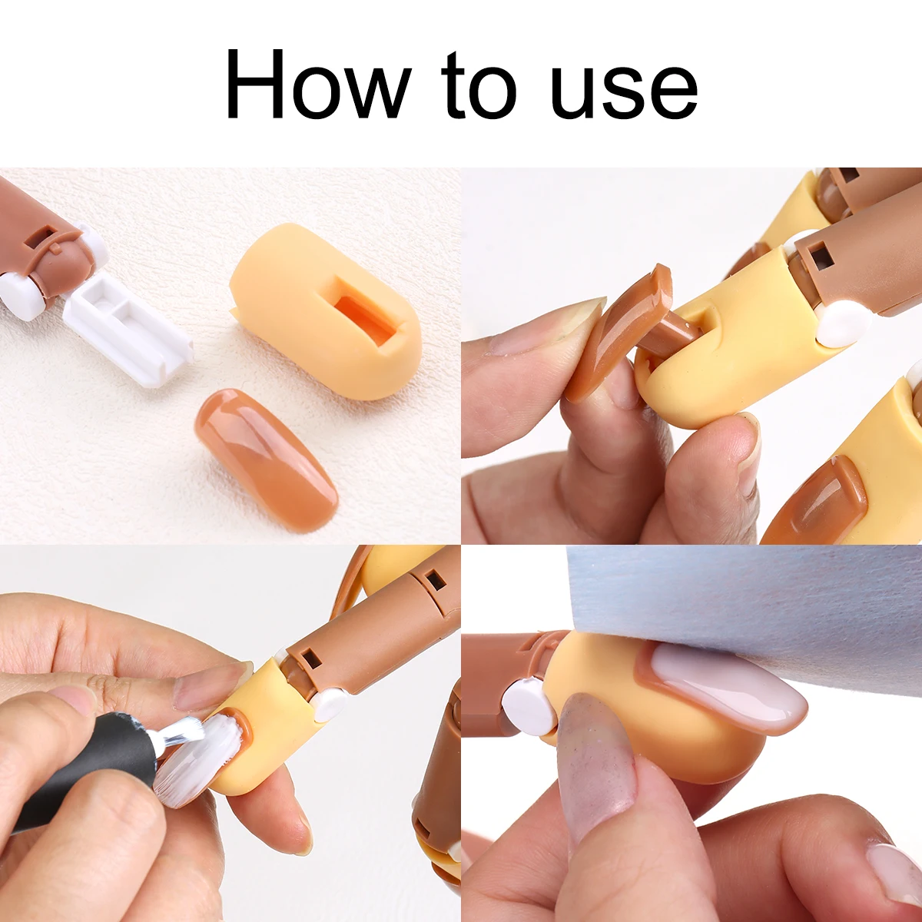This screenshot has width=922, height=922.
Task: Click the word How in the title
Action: (x=318, y=83)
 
